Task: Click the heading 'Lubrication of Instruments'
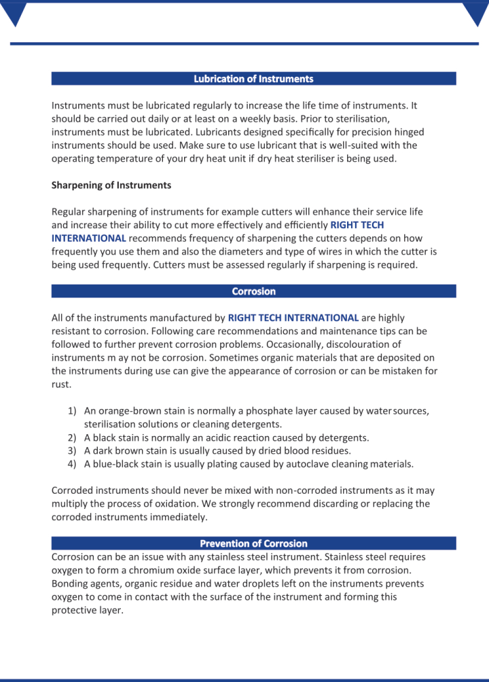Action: [x=253, y=79]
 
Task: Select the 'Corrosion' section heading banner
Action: [x=253, y=291]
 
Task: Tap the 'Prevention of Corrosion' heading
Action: [x=253, y=543]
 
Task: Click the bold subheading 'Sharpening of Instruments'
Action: [x=111, y=185]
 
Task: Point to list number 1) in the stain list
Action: [x=72, y=411]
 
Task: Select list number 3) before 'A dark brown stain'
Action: [x=72, y=450]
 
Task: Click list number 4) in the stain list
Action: [x=72, y=464]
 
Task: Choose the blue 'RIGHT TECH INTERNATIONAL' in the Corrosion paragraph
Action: [x=293, y=318]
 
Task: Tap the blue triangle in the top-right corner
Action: [x=475, y=12]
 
